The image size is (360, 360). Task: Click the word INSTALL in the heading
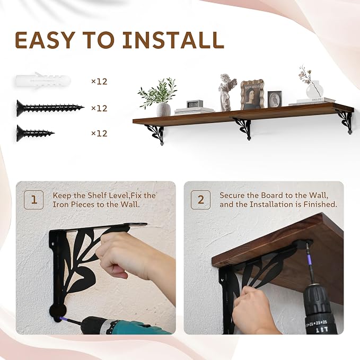pos(173,40)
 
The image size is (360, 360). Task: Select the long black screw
pos(50,108)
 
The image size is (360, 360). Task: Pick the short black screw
pos(36,133)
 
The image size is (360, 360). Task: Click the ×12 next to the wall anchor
pos(99,82)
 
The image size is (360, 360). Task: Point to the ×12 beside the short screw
pos(99,134)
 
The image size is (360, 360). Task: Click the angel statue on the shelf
pos(227,92)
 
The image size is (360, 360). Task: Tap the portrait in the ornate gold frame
pos(252,94)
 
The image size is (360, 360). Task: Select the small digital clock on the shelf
pos(195,104)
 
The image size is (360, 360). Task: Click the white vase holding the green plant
pos(163,110)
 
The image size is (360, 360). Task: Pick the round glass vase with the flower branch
pos(314,90)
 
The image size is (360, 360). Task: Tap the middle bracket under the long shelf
pos(243,128)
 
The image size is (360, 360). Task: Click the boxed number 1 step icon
pos(34,200)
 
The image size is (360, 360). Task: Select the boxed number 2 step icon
pos(200,200)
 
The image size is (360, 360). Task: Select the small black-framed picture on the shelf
pos(275,99)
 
